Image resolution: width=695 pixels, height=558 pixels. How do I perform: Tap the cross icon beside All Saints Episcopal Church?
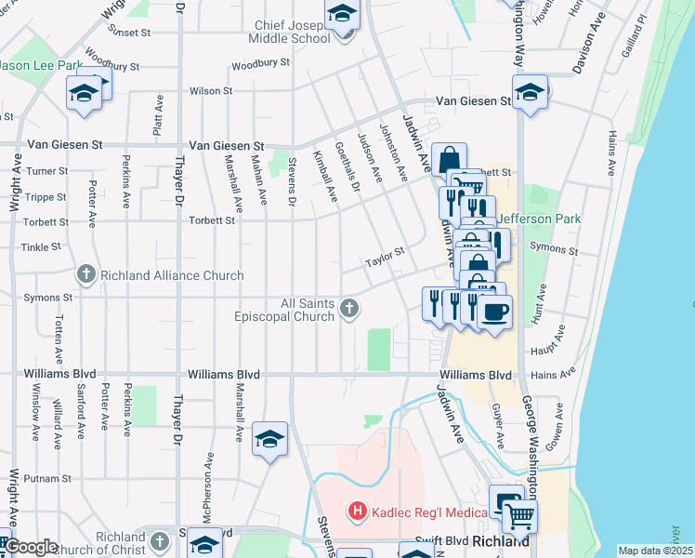click(349, 308)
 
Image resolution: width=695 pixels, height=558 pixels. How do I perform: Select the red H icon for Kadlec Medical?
click(355, 511)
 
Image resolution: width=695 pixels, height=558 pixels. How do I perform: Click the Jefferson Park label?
click(539, 219)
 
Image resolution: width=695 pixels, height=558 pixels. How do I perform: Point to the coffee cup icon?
click(493, 311)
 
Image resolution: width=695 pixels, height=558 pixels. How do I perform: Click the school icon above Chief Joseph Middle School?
click(342, 15)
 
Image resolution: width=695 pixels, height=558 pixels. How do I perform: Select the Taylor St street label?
click(386, 252)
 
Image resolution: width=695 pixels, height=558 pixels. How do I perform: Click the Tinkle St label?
click(42, 247)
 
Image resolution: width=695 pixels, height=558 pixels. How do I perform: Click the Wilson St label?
click(211, 91)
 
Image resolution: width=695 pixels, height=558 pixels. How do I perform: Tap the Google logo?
click(32, 547)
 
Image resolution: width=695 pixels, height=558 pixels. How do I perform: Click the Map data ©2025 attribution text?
click(655, 551)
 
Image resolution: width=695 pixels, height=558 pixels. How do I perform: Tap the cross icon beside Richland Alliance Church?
click(85, 274)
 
